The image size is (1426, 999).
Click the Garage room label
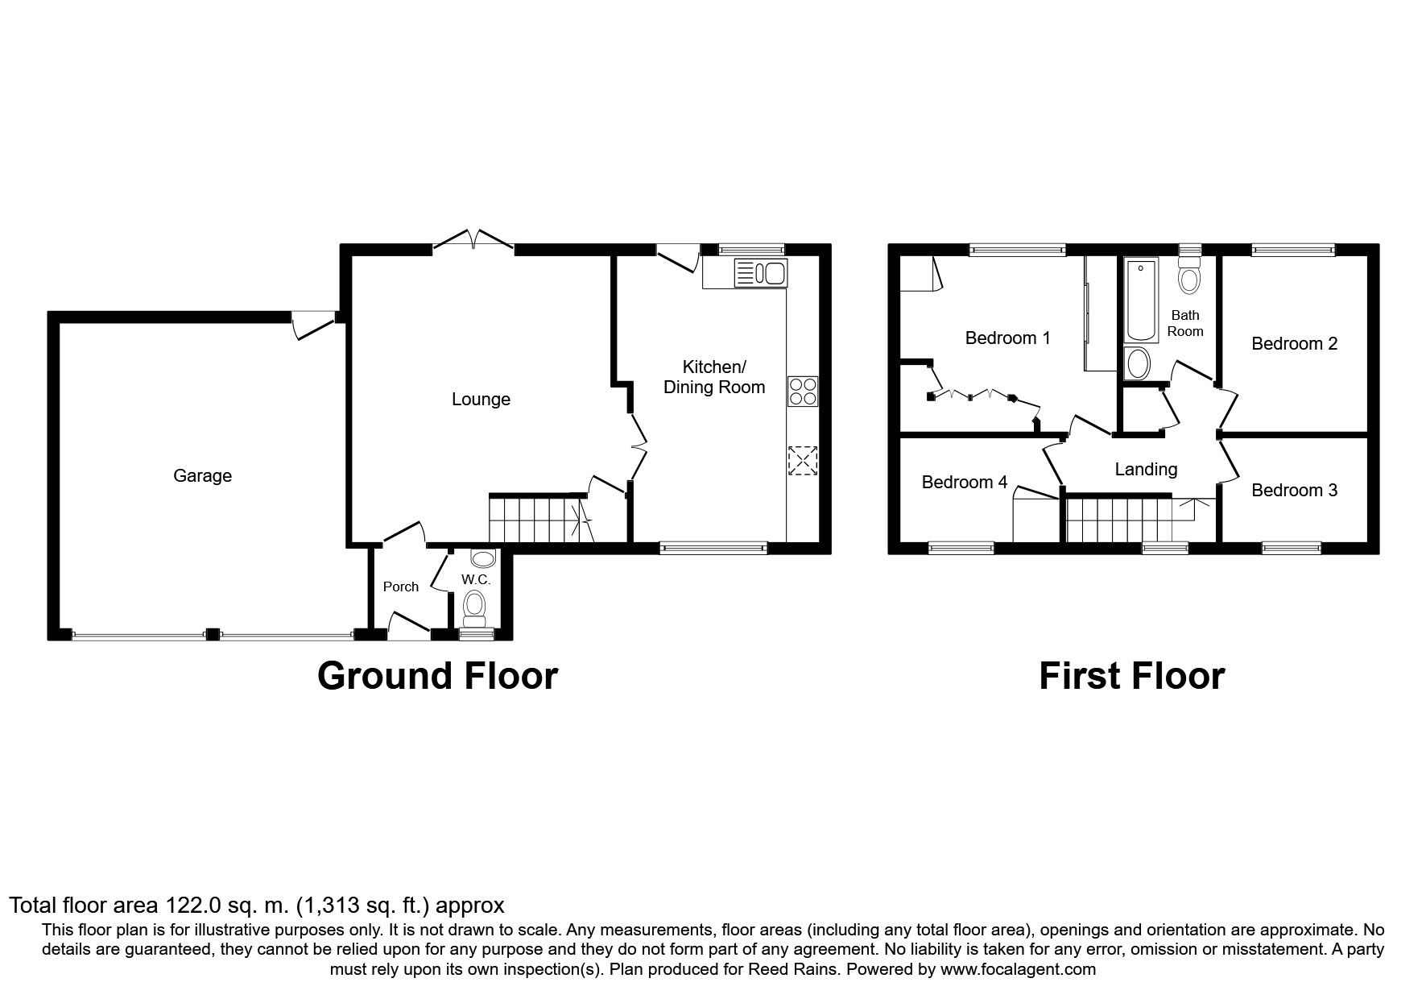point(202,476)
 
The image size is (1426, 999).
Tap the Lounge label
point(481,400)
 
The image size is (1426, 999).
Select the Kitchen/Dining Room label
point(714,377)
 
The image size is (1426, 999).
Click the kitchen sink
point(760,273)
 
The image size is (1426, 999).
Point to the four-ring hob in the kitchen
point(803,392)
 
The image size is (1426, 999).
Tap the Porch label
point(401,587)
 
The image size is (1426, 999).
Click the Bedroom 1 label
point(1007,338)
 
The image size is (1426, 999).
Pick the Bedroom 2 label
point(1295,344)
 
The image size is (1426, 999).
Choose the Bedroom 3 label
point(1295,491)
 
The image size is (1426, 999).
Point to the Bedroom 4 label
point(965,483)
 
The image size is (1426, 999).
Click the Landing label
point(1146,470)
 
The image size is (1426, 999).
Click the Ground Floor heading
point(437,676)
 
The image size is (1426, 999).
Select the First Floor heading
point(1131,676)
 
